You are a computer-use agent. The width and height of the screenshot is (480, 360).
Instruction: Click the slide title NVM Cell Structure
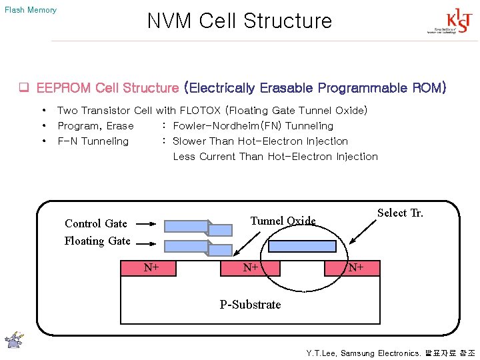tap(239, 21)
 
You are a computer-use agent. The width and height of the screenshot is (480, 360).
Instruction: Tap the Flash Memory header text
tap(31, 10)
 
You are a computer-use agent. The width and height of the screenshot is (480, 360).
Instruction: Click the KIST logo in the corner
tap(443, 22)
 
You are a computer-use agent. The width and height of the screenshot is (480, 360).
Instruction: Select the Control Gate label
tap(95, 223)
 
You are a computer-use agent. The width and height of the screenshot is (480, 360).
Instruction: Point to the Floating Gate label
tap(97, 241)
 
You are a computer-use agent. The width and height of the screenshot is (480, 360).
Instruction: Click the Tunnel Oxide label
tap(283, 221)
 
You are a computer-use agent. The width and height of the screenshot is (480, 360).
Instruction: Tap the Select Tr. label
tap(400, 213)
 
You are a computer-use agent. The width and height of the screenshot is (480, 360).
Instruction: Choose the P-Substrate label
tap(251, 305)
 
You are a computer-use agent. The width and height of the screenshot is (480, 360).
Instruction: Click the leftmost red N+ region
tap(150, 268)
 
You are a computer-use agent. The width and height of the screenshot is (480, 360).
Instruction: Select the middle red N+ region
tap(251, 268)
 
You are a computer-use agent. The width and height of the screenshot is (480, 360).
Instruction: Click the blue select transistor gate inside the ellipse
tap(303, 246)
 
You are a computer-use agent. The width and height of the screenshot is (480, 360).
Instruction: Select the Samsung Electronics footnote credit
tap(390, 353)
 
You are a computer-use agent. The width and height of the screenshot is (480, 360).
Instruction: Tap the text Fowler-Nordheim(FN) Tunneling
tap(253, 125)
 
